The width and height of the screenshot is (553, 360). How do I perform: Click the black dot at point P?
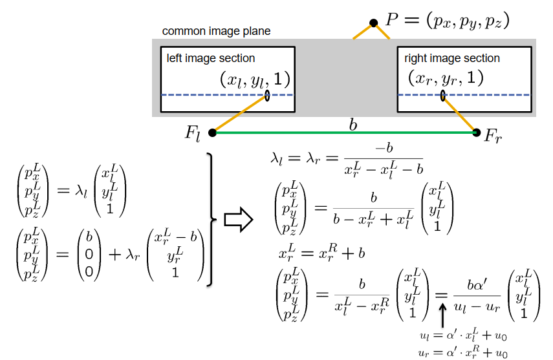tap(373, 23)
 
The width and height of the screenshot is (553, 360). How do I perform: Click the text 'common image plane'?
tap(216, 31)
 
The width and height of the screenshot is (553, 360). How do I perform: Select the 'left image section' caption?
tap(211, 58)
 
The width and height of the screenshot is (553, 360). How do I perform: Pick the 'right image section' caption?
tap(452, 58)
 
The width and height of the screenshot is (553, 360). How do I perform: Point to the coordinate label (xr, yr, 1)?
tap(446, 79)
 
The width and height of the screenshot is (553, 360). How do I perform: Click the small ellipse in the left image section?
tap(267, 95)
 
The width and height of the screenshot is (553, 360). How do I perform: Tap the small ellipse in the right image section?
tap(443, 96)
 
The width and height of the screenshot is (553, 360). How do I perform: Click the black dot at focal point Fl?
tap(213, 133)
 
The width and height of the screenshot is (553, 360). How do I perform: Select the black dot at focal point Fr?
tap(477, 132)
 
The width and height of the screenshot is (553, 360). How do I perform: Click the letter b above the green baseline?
tap(352, 125)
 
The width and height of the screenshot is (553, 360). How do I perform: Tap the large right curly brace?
tap(211, 219)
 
